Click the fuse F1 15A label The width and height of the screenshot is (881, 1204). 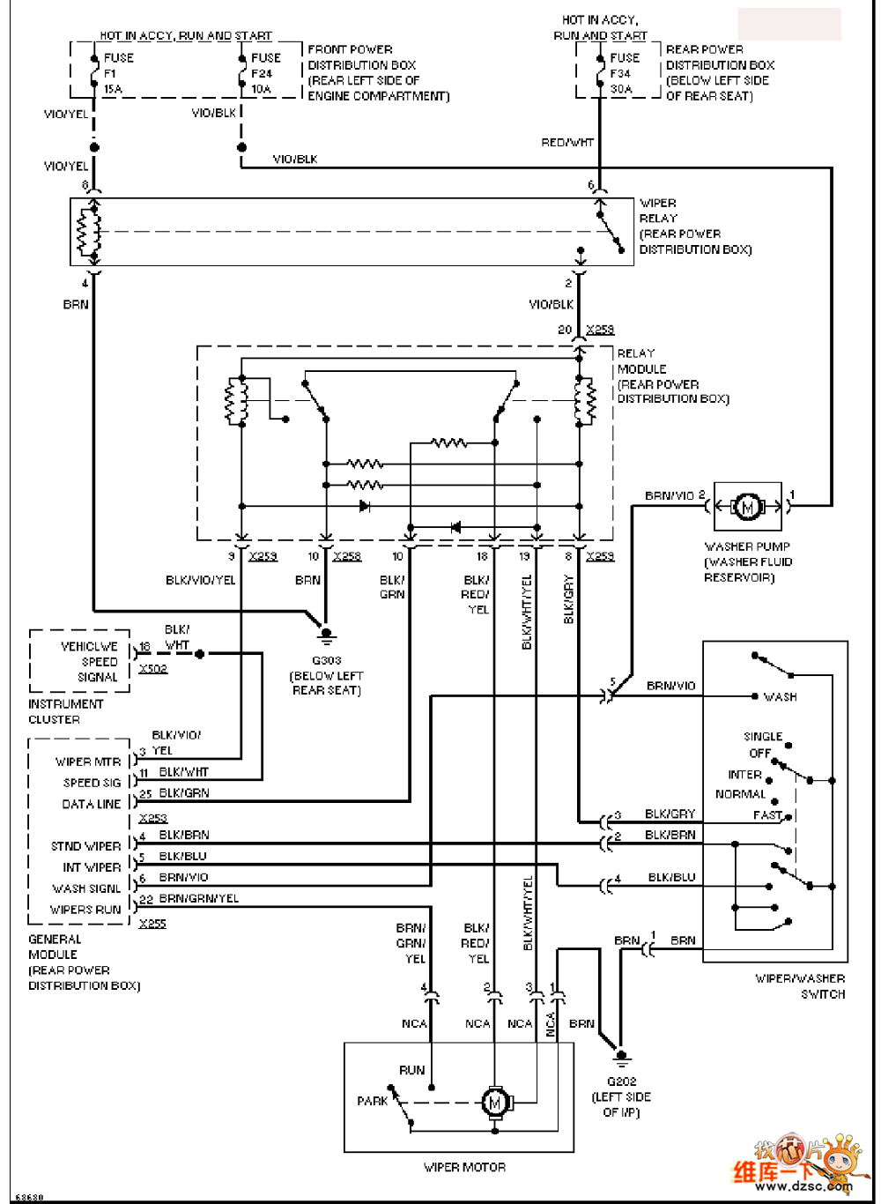(x=118, y=73)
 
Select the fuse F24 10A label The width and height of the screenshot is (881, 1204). (x=265, y=73)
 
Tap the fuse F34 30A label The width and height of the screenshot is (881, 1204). (x=624, y=73)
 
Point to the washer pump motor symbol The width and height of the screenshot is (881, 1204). (x=748, y=507)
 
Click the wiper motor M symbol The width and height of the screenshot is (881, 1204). (x=494, y=1102)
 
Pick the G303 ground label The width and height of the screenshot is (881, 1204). (x=326, y=660)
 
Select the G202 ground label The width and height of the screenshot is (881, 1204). (x=621, y=1081)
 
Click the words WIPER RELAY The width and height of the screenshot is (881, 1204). (x=658, y=211)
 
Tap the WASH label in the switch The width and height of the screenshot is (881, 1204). (x=780, y=697)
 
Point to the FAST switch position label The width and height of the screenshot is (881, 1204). (x=767, y=815)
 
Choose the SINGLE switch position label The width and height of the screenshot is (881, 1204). (x=763, y=737)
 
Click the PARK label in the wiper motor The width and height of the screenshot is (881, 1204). (x=373, y=1101)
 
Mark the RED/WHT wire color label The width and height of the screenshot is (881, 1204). (x=567, y=142)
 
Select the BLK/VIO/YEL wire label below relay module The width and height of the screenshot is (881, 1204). (x=201, y=580)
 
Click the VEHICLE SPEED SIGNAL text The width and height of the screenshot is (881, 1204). (x=89, y=662)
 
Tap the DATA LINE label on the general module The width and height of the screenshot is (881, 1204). (x=91, y=804)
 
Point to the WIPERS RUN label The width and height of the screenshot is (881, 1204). (x=85, y=910)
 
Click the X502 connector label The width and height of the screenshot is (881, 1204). (x=152, y=669)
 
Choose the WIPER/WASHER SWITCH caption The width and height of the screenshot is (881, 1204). (x=800, y=986)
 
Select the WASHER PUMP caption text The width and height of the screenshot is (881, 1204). (x=747, y=546)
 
